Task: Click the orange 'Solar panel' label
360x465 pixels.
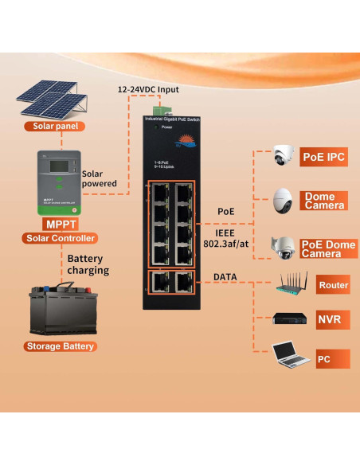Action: (53, 126)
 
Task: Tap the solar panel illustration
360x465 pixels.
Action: (49, 97)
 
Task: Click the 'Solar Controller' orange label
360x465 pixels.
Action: (61, 238)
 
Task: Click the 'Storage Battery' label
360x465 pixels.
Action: (61, 346)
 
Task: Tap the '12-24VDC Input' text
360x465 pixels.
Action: (149, 89)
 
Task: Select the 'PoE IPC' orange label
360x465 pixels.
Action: (323, 157)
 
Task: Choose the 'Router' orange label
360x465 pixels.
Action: (332, 285)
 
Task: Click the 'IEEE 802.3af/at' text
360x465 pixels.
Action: (225, 236)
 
